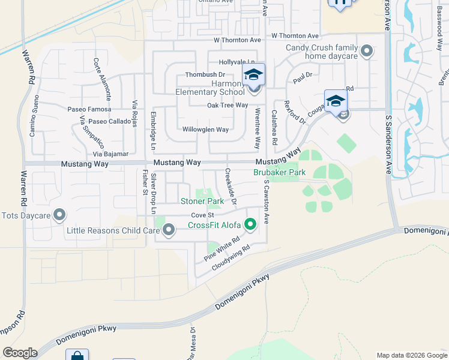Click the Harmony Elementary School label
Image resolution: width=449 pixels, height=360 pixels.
pos(210,88)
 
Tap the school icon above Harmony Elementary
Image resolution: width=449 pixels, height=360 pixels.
pos(253,74)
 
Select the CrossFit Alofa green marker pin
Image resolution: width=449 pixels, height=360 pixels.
pos(251,225)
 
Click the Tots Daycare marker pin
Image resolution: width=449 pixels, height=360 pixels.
pos(59,214)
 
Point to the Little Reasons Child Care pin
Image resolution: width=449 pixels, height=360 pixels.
pos(169,229)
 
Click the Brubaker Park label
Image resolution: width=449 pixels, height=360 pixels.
pos(279,172)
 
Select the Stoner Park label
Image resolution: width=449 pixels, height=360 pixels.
pos(202,201)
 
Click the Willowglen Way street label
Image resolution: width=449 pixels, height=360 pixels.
pos(205,130)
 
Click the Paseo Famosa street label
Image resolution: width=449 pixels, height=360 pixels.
pos(89,109)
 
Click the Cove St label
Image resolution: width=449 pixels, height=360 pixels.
pos(202,215)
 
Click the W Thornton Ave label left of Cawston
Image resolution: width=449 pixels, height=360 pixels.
pos(238,40)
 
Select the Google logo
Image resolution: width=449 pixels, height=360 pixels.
pos(20,353)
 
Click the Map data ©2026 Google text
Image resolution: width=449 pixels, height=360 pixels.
pos(411,355)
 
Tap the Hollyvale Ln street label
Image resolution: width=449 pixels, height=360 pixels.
pos(237,62)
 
